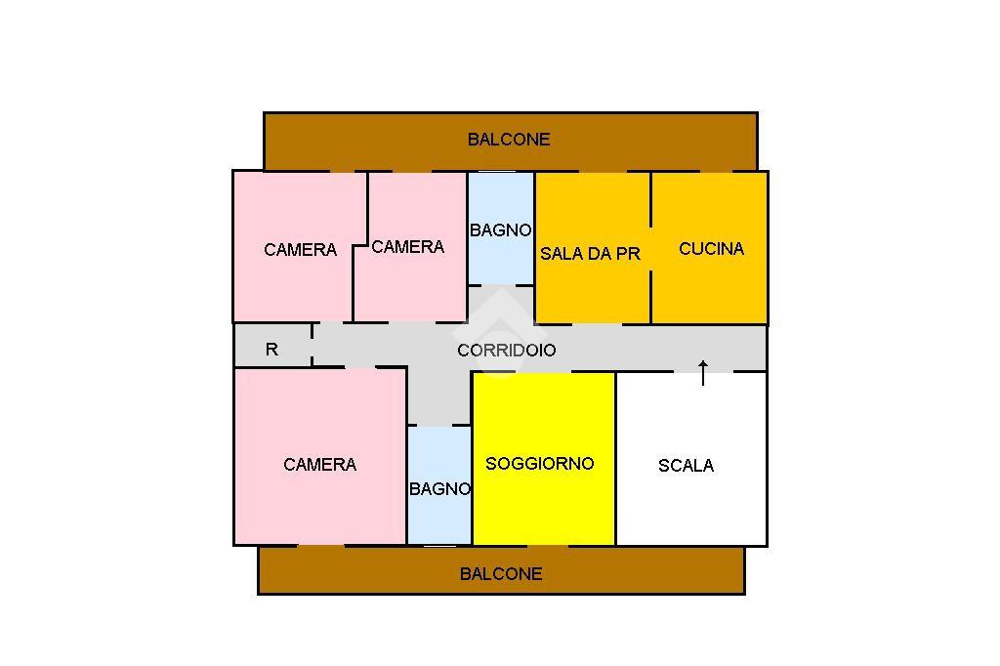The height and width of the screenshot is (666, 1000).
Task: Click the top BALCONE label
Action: [509, 140]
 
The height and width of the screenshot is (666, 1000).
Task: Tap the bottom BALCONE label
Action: [501, 574]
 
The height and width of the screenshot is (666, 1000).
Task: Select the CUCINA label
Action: [711, 249]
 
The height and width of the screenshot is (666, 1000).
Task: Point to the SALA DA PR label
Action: [591, 254]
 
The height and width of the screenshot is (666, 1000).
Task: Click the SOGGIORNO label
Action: [539, 464]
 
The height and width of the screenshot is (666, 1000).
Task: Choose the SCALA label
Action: [686, 466]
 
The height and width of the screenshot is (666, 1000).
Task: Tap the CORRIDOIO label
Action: [507, 350]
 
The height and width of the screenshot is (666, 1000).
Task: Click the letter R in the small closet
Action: [271, 349]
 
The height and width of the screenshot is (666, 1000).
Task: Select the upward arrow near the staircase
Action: [703, 372]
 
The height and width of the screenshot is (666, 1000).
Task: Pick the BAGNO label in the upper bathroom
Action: [500, 230]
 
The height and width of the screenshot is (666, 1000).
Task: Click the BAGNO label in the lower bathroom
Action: [439, 489]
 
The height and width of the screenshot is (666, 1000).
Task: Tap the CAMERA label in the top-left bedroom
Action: [300, 250]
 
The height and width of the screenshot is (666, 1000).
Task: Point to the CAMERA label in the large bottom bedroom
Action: [319, 465]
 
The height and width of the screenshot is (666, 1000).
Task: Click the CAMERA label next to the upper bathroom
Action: [407, 247]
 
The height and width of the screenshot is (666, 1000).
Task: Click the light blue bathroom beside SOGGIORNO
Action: [439, 518]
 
